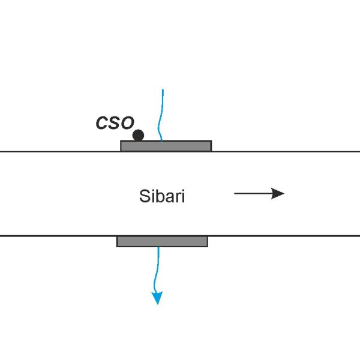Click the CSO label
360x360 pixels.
point(115,123)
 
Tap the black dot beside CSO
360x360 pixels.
point(138,135)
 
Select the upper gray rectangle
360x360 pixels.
point(166,146)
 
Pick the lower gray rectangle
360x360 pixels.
point(163,242)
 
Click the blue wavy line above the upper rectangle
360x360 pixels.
point(160,115)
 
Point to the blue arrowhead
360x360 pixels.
point(157,298)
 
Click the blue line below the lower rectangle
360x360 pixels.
point(156,270)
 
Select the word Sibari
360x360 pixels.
point(162,196)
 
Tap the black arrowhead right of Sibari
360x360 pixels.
point(278,194)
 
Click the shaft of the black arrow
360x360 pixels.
point(253,194)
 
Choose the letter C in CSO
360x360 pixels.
point(102,123)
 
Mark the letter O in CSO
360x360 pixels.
point(127,123)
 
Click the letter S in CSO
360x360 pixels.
point(115,123)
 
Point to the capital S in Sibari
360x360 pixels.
point(144,196)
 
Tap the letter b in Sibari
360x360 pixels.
point(160,196)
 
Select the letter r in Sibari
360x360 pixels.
point(178,197)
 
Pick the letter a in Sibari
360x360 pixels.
point(170,197)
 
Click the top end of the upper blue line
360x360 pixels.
point(163,89)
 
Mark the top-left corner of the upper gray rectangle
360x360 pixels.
point(121,140)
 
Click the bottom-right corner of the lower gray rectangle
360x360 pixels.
point(208,247)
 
